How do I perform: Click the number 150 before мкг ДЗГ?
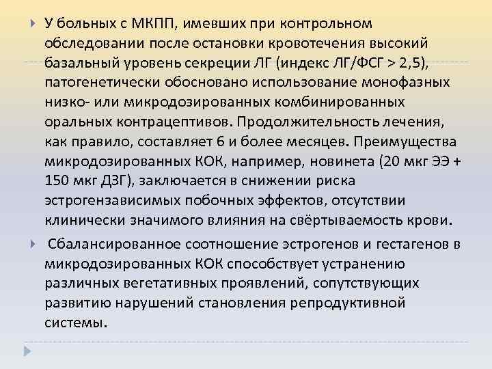[58, 181]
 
